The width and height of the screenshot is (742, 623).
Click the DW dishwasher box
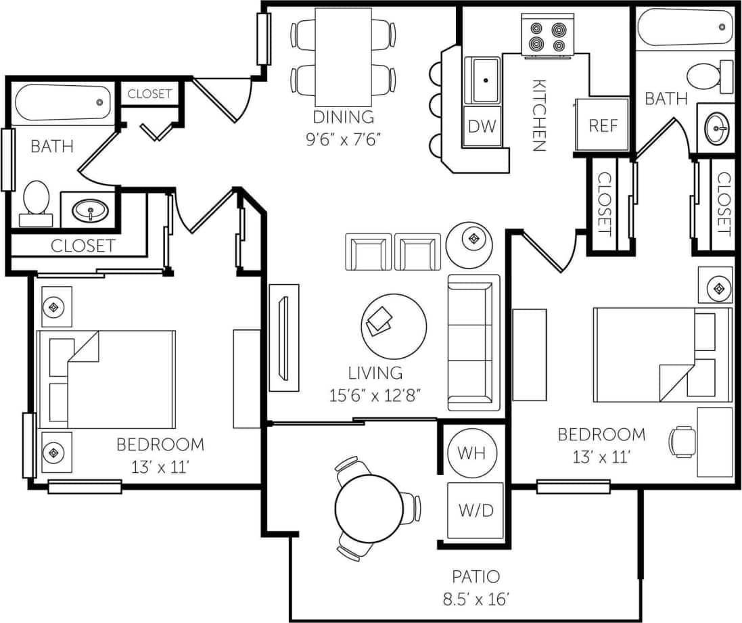click(482, 126)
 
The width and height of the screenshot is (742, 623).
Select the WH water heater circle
click(471, 453)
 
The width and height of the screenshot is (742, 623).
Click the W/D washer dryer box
click(476, 511)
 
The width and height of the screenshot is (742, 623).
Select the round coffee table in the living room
click(394, 322)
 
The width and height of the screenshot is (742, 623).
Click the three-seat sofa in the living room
click(473, 342)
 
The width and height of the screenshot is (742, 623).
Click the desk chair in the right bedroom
click(682, 442)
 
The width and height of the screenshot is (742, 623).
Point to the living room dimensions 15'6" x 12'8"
click(375, 396)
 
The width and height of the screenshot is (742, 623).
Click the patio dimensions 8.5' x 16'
click(476, 599)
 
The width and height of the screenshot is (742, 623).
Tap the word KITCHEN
click(539, 115)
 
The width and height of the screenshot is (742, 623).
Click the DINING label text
click(343, 116)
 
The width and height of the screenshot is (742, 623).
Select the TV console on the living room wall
click(284, 337)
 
